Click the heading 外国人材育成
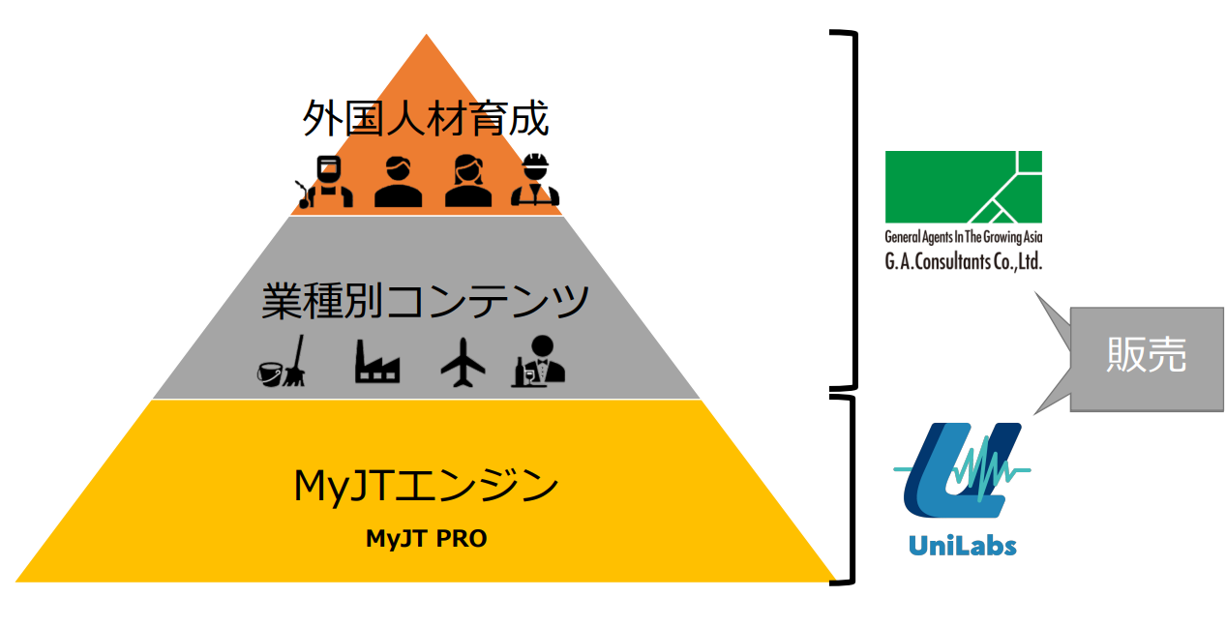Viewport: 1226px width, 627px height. pyautogui.click(x=425, y=120)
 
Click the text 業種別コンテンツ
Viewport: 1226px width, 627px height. pyautogui.click(x=425, y=302)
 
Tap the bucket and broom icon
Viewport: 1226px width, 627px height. pyautogui.click(x=282, y=362)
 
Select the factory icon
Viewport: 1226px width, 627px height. pyautogui.click(x=377, y=364)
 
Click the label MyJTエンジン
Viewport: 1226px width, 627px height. pyautogui.click(x=426, y=485)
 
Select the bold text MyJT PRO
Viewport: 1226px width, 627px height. pyautogui.click(x=426, y=539)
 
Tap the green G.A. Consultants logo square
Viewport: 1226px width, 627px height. pyautogui.click(x=963, y=186)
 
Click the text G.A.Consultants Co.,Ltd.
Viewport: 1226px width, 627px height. pyautogui.click(x=963, y=260)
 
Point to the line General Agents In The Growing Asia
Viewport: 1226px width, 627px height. pyautogui.click(x=963, y=237)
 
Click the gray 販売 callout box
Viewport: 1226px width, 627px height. pyautogui.click(x=1146, y=358)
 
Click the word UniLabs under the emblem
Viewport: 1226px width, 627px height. pyautogui.click(x=962, y=546)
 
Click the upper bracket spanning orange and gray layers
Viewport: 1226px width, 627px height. pyautogui.click(x=852, y=208)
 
